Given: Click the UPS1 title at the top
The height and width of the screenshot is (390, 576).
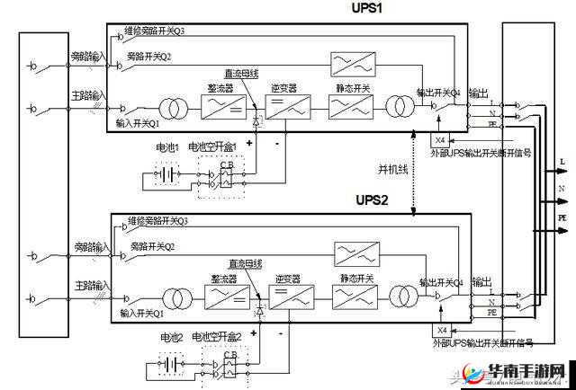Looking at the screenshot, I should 367,8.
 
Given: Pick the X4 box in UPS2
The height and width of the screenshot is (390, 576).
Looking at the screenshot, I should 441,330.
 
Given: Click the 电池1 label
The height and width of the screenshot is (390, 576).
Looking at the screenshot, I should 167,146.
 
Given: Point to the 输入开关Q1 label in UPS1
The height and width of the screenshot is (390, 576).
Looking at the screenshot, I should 139,123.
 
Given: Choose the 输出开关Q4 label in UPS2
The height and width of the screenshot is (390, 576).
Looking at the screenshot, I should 440,281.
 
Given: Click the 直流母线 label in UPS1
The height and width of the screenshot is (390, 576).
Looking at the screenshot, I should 242,75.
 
